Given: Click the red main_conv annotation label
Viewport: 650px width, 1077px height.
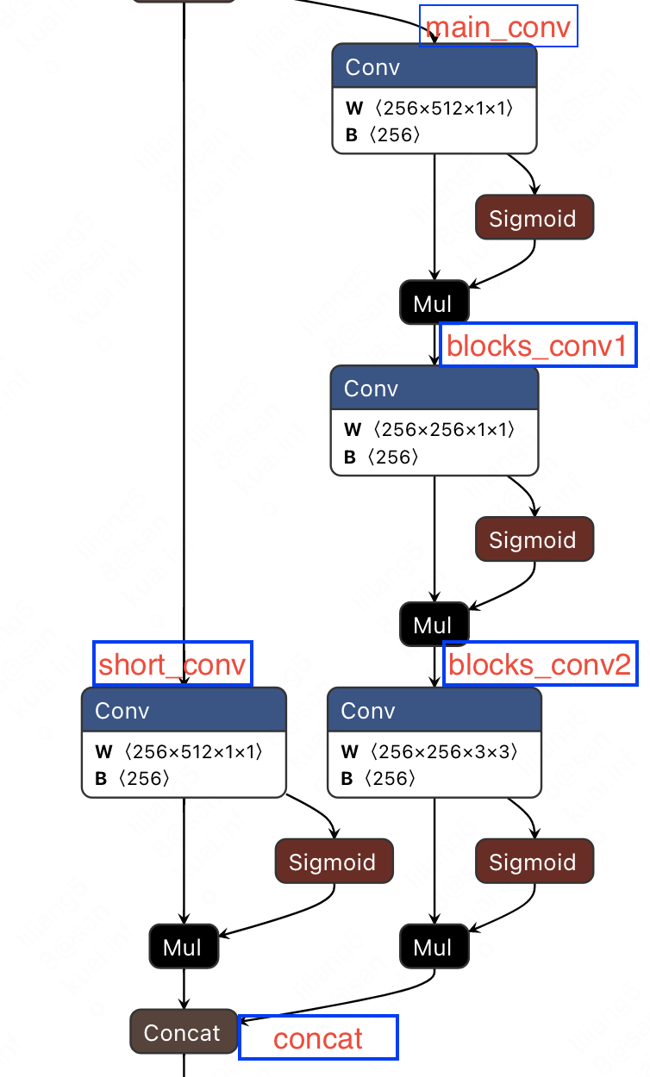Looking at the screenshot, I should coord(498,28).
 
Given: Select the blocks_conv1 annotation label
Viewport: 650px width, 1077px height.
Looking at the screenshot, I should coord(538,346).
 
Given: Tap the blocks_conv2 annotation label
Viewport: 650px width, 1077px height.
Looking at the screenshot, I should coord(540,664).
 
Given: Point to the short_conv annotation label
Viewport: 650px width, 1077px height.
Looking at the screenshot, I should coord(172,664).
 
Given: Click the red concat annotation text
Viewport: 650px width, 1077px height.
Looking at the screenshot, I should coord(318,1038).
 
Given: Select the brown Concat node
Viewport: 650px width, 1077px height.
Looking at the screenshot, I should coord(183,1032).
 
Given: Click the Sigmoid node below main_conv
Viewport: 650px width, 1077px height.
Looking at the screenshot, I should coord(534,218).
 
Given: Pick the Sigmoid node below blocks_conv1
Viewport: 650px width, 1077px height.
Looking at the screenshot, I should coord(534,540).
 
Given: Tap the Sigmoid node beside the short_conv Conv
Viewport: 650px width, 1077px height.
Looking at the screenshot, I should coord(334,862).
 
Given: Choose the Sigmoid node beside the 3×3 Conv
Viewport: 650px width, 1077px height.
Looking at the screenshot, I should coord(534,862).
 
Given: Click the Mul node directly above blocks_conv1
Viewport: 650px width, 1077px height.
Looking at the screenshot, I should coord(434,302).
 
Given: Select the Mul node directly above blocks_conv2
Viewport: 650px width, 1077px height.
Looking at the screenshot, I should coord(434,625).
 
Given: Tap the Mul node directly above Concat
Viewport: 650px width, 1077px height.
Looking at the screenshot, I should coord(183,947).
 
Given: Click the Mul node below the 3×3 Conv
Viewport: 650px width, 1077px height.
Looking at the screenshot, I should coord(434,947).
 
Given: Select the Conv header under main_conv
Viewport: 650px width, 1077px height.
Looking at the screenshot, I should coord(434,67).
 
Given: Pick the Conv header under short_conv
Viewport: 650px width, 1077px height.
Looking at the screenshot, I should coord(184,711).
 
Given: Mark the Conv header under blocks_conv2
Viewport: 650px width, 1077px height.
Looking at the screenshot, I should coord(434,711).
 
